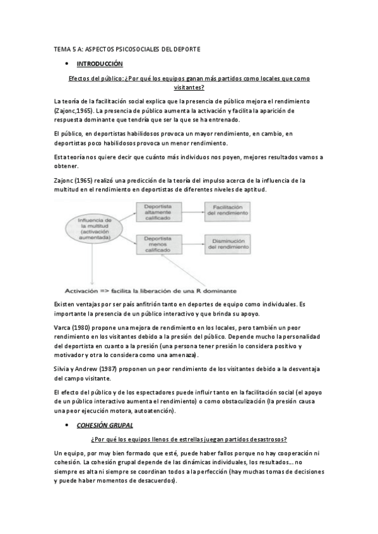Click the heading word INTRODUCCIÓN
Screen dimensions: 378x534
tap(100, 64)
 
